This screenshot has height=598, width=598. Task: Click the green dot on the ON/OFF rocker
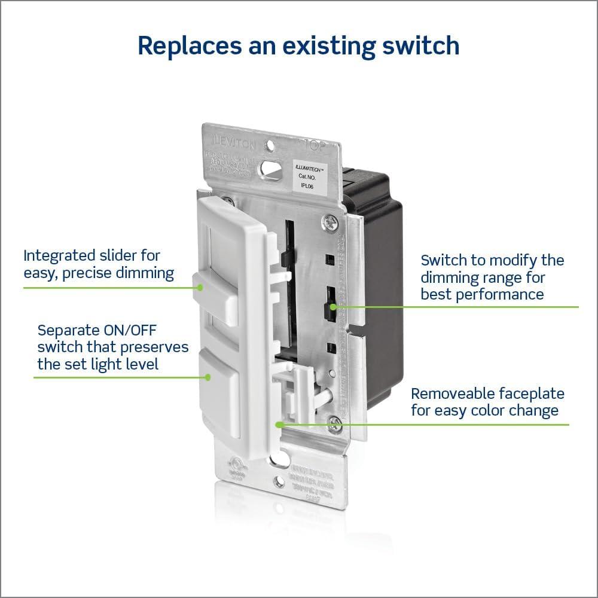pos(208,377)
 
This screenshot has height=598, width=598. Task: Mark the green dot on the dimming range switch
pos(336,307)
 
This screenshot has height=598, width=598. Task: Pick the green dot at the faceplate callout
pos(278,425)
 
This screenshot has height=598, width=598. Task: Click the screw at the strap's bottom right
pos(335,425)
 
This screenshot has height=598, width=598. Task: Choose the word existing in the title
pos(336,46)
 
